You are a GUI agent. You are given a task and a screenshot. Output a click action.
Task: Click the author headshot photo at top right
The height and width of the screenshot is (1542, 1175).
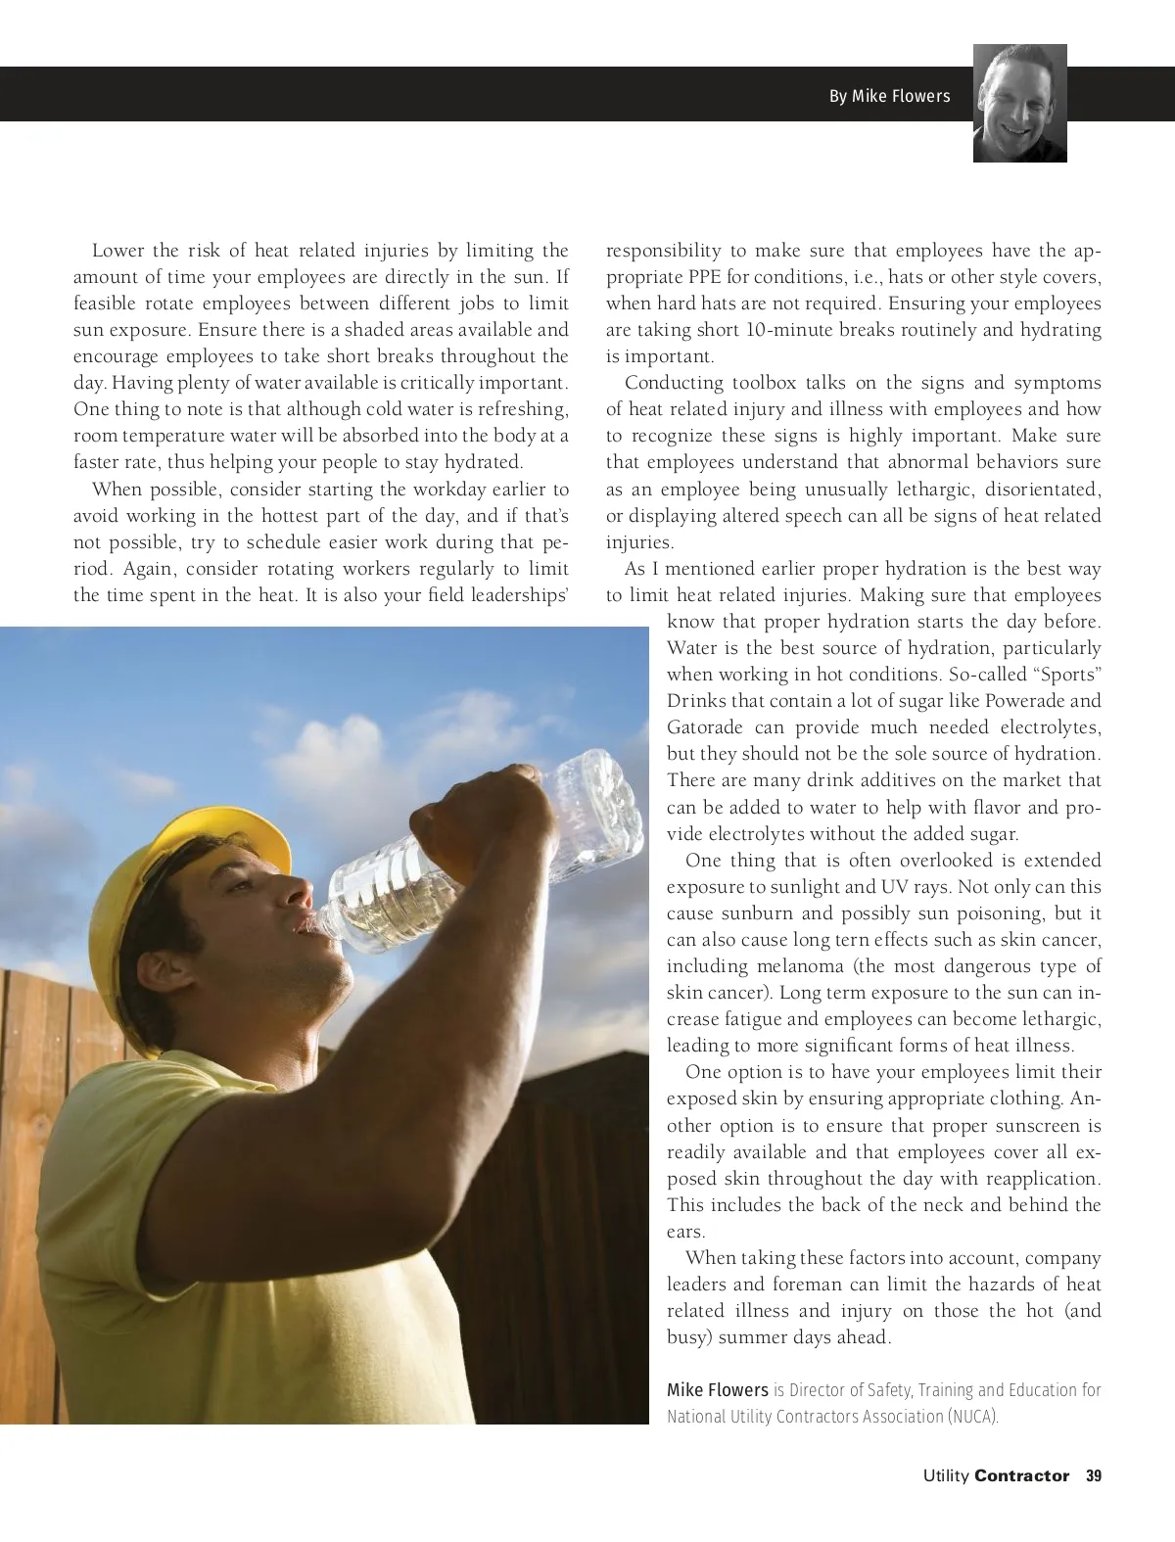click(x=1019, y=103)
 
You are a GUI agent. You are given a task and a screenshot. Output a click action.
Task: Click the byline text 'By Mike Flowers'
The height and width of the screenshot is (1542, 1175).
click(x=889, y=96)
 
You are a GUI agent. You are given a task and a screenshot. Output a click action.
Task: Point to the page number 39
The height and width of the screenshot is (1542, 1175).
click(x=1094, y=1475)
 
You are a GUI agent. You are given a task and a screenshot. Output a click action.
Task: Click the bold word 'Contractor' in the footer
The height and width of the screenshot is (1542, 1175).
click(x=1021, y=1475)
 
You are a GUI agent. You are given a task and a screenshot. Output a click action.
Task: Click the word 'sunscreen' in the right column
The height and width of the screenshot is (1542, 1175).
click(x=1026, y=1126)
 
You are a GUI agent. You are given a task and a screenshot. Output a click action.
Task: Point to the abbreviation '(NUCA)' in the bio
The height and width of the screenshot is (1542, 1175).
click(x=972, y=1416)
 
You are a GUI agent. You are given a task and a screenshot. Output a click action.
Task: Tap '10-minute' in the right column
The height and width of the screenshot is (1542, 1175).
click(x=786, y=330)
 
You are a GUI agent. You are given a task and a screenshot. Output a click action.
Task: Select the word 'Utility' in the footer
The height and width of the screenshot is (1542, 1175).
click(x=945, y=1475)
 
